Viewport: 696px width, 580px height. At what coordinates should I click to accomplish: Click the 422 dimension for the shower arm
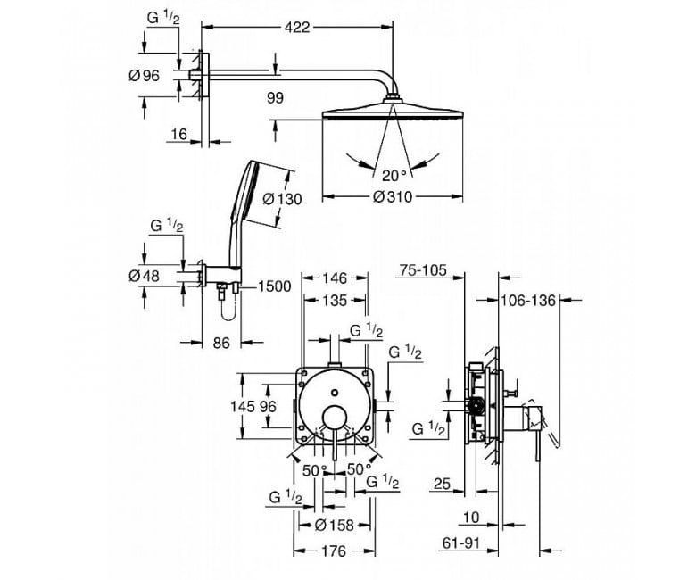point(297,28)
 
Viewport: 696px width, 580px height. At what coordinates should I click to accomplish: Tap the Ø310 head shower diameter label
point(393,196)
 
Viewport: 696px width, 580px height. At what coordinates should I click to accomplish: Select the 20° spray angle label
point(394,176)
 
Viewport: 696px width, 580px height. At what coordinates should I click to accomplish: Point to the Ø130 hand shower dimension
point(282,199)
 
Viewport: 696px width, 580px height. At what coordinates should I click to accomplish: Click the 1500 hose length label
point(274,286)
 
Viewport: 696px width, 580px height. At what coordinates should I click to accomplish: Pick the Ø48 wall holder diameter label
point(144,276)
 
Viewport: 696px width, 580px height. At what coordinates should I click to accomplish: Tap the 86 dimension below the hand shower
point(221,343)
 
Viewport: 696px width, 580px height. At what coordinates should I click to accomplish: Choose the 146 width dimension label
point(335,278)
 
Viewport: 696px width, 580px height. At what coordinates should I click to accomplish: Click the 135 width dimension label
point(335,301)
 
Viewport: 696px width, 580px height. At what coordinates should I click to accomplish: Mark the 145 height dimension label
point(243,406)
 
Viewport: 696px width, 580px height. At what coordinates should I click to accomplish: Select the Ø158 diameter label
point(335,526)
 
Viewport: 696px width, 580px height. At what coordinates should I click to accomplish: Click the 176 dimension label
point(334,551)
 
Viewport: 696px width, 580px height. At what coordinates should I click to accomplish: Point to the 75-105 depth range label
point(423,269)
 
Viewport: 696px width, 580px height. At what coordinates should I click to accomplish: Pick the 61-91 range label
point(461,543)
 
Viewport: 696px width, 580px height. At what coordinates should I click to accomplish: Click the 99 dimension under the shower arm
point(275,98)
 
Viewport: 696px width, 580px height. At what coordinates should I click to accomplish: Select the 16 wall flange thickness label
point(178,134)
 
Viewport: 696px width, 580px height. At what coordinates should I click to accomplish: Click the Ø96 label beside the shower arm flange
point(144,76)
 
